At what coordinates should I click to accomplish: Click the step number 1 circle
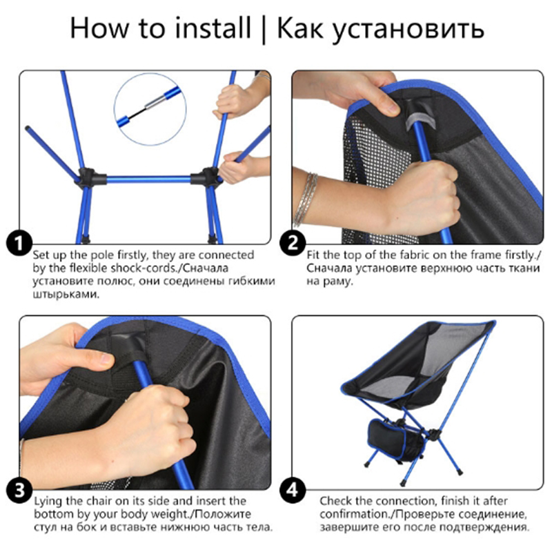pos(19,243)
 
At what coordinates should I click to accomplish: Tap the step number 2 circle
pos(293,243)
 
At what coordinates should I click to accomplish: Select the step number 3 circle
pos(19,490)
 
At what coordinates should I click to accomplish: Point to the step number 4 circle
pos(293,490)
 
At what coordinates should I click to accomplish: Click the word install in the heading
pos(213,28)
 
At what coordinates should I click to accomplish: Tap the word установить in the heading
pos(408,30)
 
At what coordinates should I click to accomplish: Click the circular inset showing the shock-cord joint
pos(150,109)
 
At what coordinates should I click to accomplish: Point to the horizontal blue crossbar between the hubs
pos(148,179)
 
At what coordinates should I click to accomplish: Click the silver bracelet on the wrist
pos(306,199)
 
